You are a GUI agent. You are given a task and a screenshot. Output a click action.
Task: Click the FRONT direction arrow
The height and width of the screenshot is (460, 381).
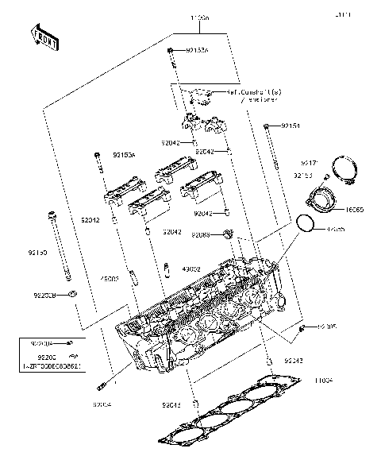pos(44,37)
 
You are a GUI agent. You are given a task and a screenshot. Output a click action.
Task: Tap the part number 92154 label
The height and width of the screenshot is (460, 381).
pos(291,126)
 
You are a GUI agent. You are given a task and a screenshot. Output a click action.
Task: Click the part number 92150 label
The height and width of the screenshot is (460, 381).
pos(37,252)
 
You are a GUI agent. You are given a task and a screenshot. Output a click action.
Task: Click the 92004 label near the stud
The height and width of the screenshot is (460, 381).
pos(103,404)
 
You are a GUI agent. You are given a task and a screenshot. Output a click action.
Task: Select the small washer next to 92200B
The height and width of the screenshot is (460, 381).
pos(73,296)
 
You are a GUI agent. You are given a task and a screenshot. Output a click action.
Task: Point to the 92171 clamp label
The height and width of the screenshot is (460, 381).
pos(309,162)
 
